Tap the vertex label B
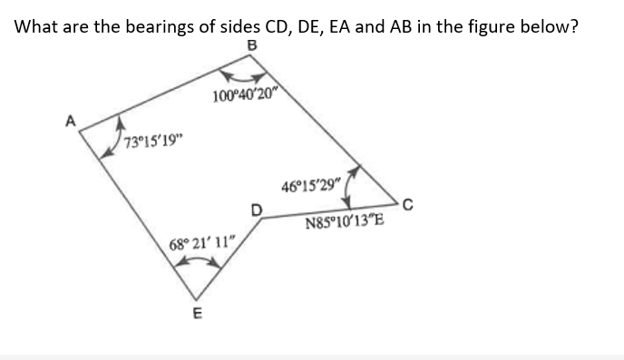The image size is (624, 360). [x=251, y=45]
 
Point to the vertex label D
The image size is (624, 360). [x=256, y=210]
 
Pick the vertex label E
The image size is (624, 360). [x=197, y=315]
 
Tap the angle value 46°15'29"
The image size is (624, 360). [x=311, y=188]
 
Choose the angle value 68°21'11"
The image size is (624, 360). [x=202, y=243]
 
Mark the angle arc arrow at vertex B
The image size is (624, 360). [x=245, y=73]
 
